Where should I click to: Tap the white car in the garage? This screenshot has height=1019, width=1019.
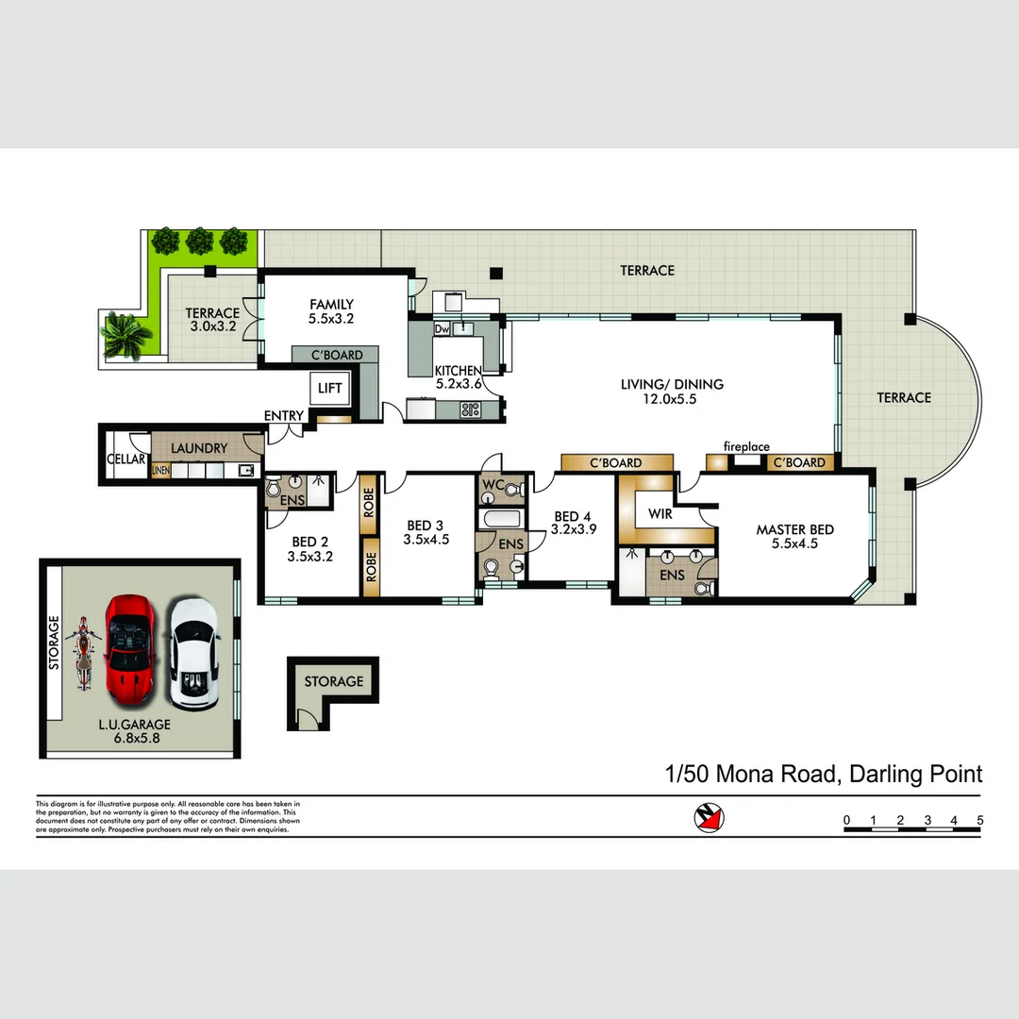[193, 654]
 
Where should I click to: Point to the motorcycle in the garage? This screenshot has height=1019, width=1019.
[83, 653]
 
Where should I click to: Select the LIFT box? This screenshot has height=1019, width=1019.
[330, 389]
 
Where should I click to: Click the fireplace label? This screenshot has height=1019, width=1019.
[746, 446]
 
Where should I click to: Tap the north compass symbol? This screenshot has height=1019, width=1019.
[709, 819]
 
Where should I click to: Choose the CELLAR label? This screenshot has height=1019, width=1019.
[126, 459]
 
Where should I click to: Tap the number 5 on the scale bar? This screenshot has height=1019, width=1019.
[980, 820]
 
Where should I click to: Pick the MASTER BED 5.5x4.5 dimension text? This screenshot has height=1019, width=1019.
[794, 543]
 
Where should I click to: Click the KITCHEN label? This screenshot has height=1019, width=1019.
[458, 371]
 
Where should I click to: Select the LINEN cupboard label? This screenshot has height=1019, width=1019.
[160, 470]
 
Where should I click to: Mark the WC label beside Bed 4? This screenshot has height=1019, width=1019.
[493, 486]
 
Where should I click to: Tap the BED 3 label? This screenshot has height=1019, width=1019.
[425, 526]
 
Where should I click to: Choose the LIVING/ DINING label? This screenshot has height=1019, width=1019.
[672, 384]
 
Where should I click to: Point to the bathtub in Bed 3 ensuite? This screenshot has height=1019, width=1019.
[500, 520]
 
